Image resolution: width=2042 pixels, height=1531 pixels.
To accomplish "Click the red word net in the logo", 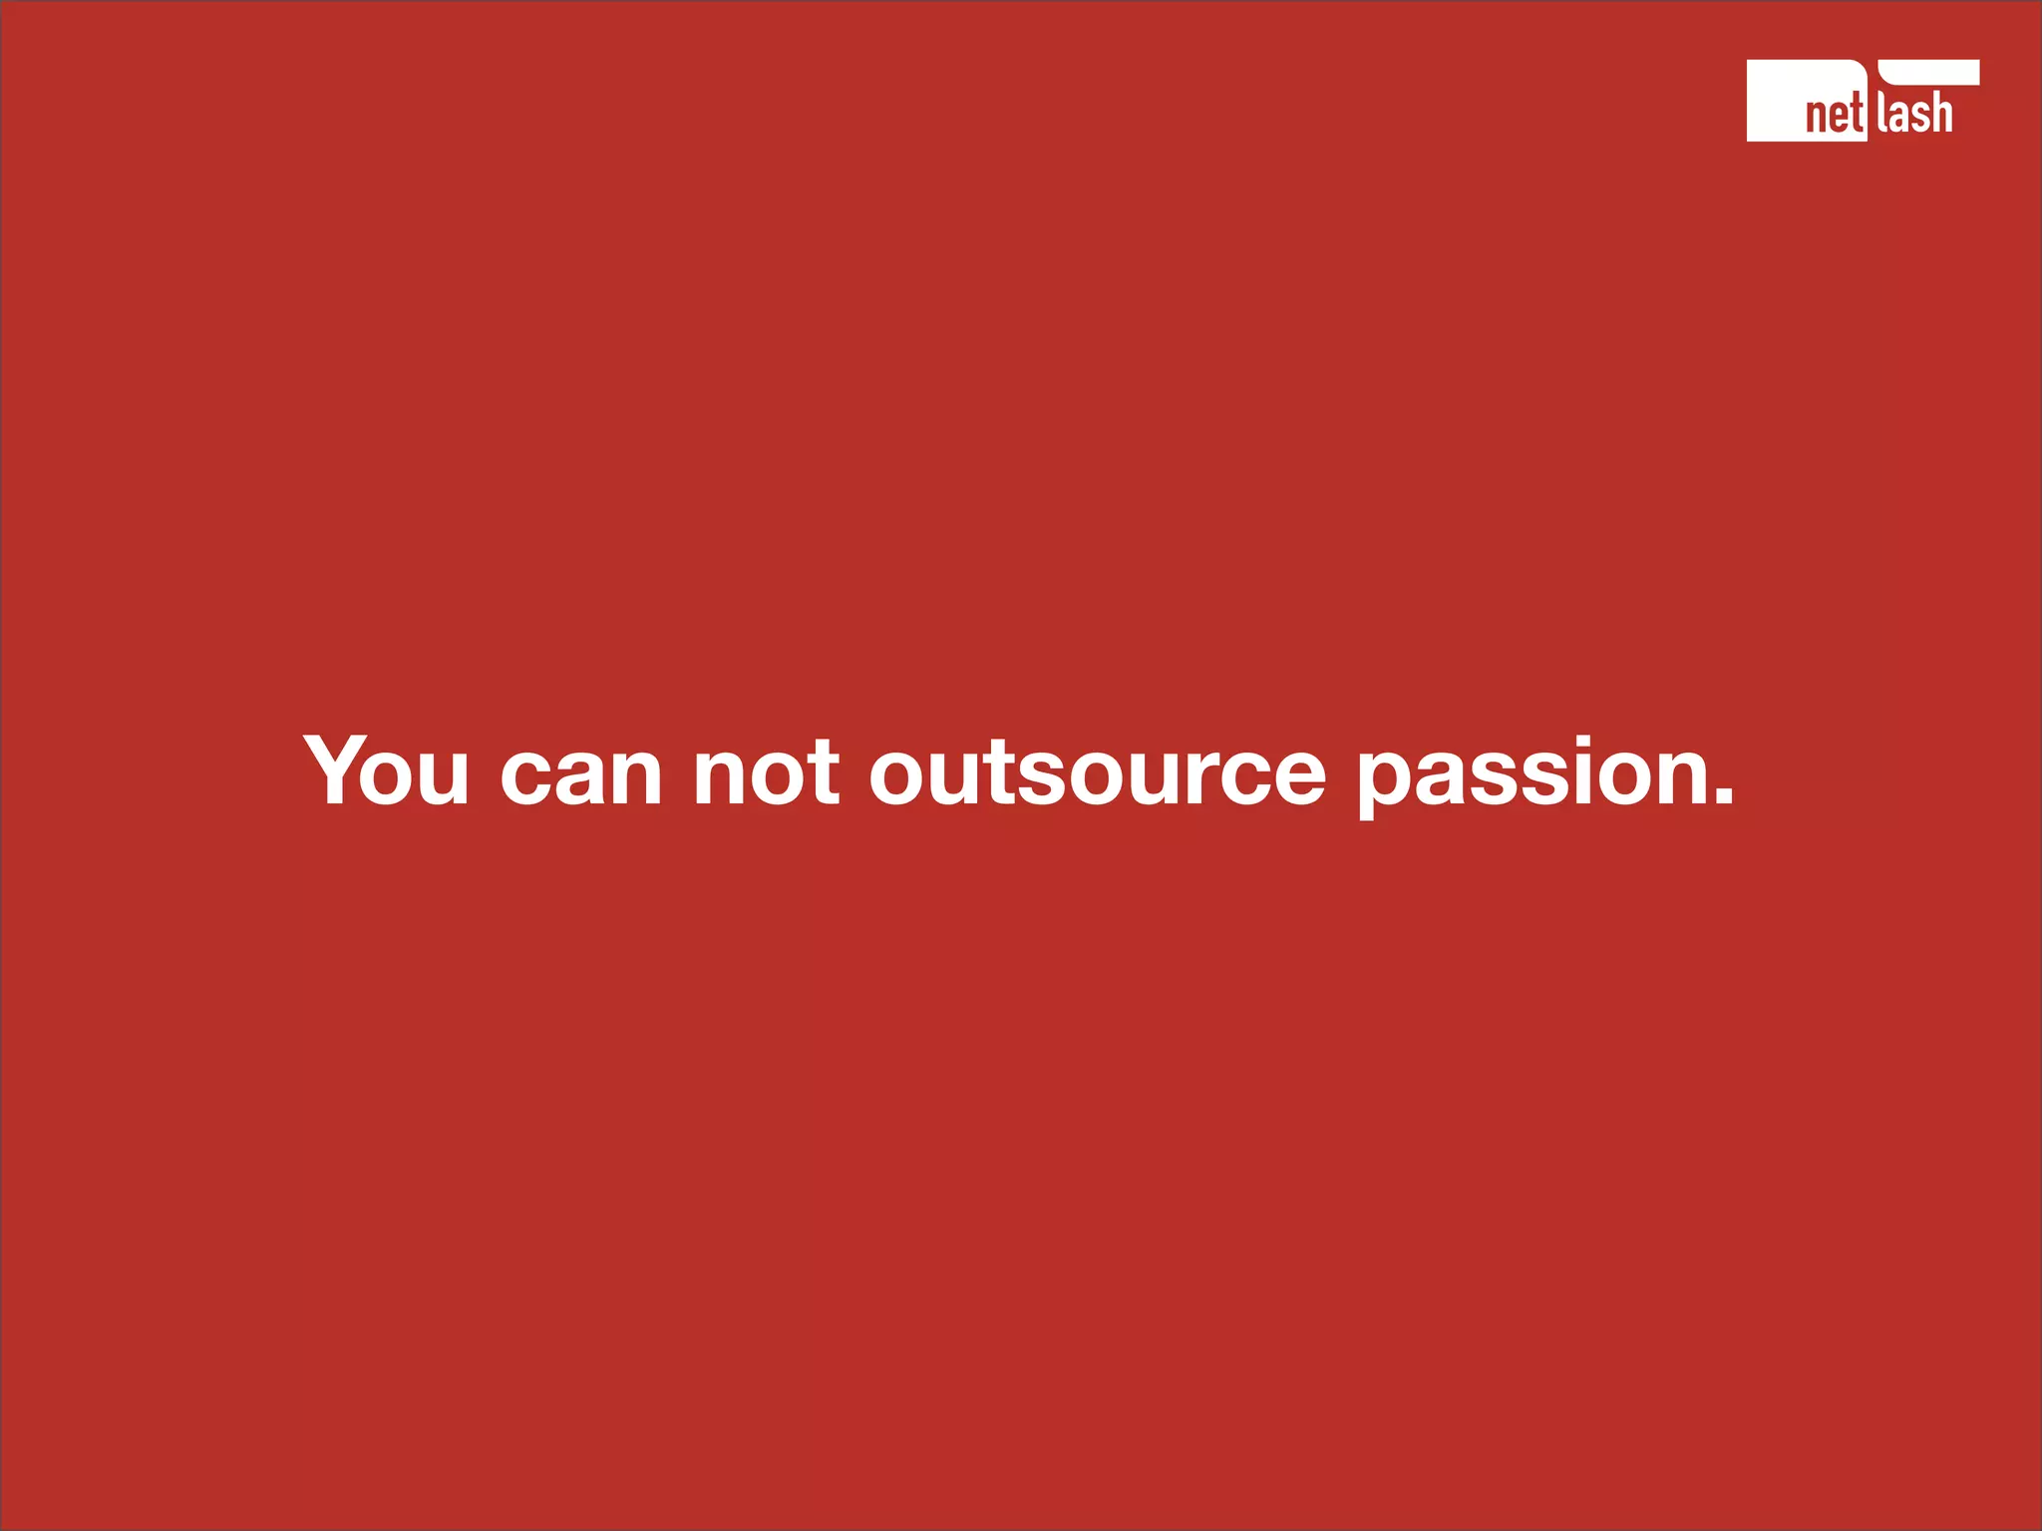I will pyautogui.click(x=1834, y=116).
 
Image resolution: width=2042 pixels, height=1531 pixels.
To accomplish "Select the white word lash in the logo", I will pyautogui.click(x=1914, y=114).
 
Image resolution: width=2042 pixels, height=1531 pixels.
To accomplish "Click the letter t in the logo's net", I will pyautogui.click(x=1857, y=116).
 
